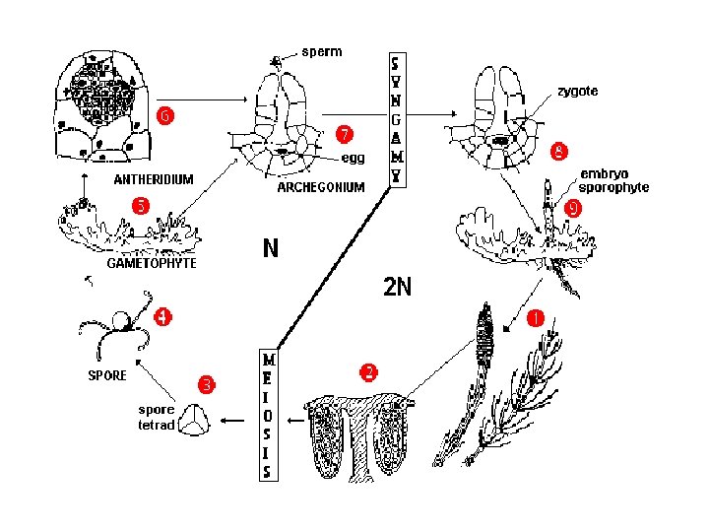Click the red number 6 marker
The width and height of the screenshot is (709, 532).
(167, 116)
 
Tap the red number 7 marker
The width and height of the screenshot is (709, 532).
(345, 133)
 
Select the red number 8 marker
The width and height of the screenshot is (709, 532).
(558, 152)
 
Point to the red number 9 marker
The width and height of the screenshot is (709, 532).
(573, 208)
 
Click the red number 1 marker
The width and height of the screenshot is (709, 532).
(536, 317)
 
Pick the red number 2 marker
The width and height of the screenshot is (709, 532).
(367, 372)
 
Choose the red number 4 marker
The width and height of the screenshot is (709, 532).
(161, 317)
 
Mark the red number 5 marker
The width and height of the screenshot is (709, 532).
(141, 206)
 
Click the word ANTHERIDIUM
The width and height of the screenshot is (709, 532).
(153, 179)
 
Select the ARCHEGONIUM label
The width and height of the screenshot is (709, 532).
(321, 186)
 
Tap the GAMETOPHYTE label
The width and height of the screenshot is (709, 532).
(152, 263)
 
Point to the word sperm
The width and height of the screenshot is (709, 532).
(322, 51)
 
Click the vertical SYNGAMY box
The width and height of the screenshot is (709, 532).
(396, 119)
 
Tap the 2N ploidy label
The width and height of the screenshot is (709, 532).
(397, 288)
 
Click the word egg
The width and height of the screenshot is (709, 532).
(353, 158)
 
